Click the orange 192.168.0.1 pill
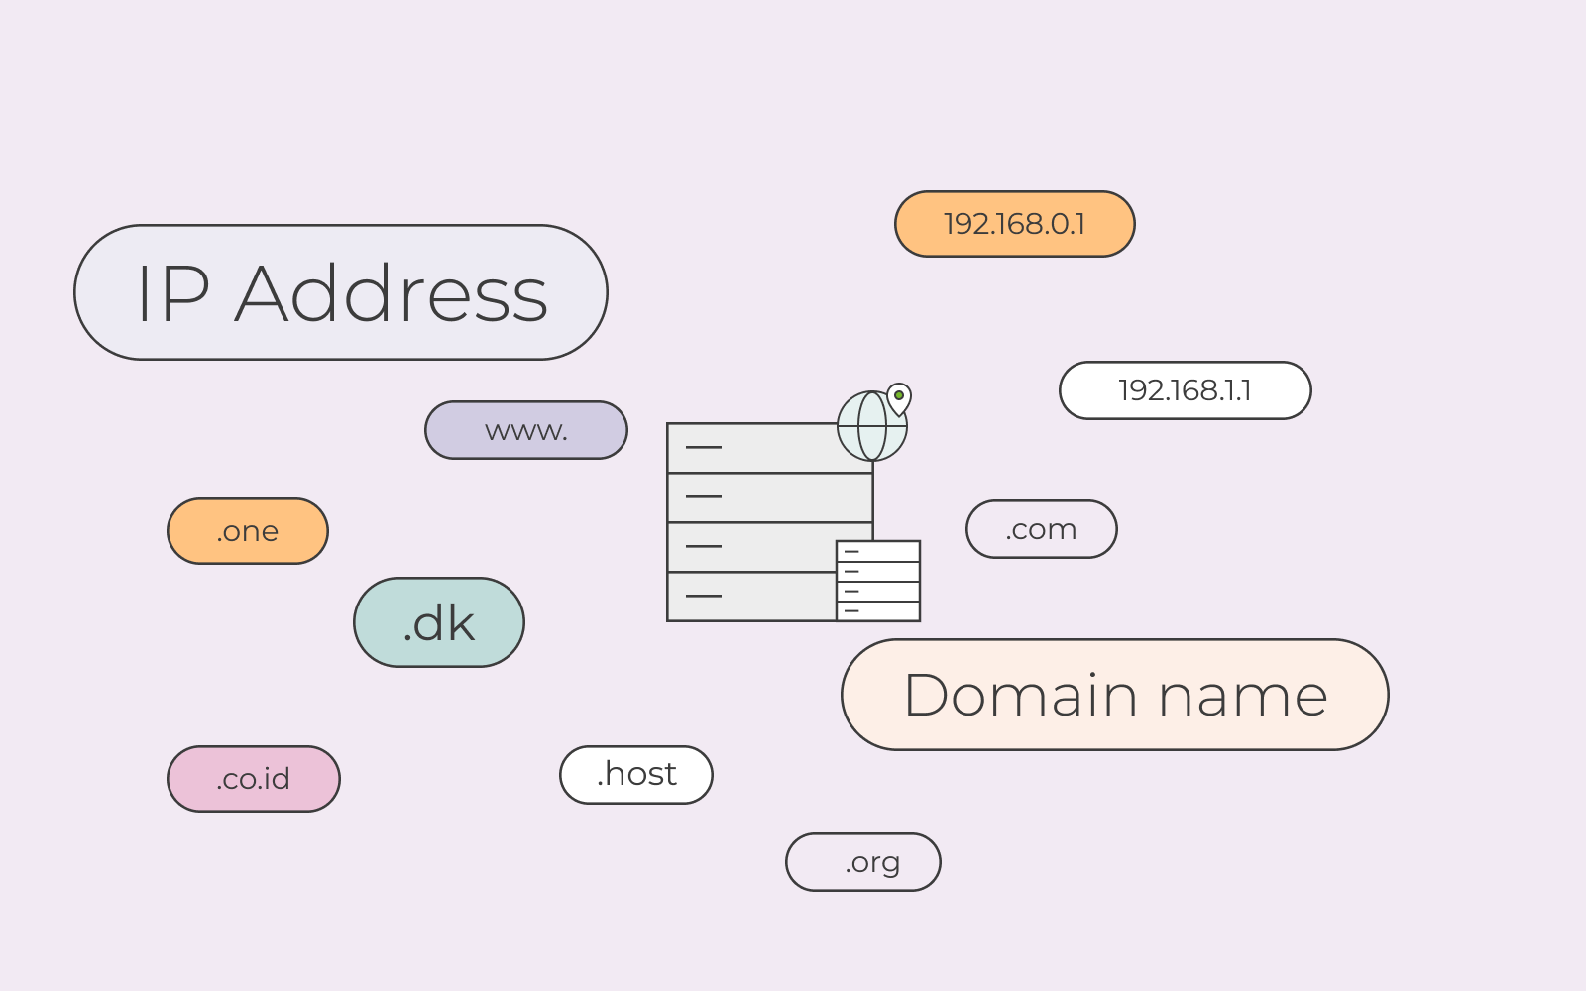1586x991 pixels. click(x=1015, y=224)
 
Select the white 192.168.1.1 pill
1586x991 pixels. click(x=1186, y=390)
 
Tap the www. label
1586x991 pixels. click(x=526, y=430)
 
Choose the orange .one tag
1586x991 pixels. click(x=248, y=531)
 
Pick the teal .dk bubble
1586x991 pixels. click(x=439, y=622)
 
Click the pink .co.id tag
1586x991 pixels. click(x=254, y=779)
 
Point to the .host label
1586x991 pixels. click(x=635, y=774)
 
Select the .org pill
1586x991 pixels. click(x=863, y=862)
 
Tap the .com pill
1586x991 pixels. click(x=1042, y=529)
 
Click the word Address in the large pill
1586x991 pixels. click(x=391, y=293)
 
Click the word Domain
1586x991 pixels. click(x=1021, y=695)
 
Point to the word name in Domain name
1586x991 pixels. click(x=1243, y=698)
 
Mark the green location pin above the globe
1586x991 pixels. click(x=899, y=397)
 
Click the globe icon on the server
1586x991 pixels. click(x=872, y=426)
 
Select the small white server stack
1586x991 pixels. click(x=878, y=581)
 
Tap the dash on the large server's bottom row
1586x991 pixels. click(x=704, y=596)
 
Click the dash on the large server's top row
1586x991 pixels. click(x=704, y=447)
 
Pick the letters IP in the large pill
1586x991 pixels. click(x=174, y=293)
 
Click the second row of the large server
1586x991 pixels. click(x=770, y=497)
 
